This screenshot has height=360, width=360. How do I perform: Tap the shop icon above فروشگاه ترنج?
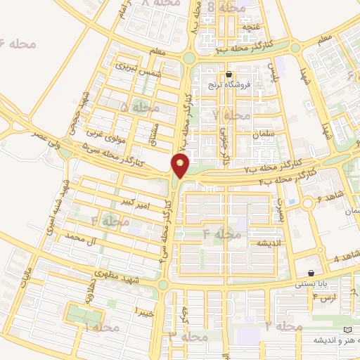coord(229,75)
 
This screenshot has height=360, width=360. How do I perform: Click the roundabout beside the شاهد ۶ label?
coord(307,204)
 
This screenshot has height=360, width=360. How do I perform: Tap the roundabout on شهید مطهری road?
coord(163,285)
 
